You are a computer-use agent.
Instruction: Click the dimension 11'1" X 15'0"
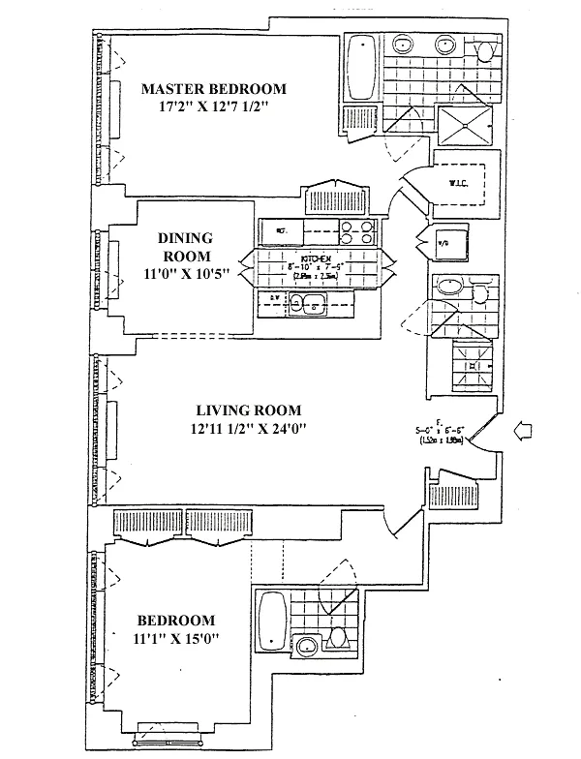[175, 639]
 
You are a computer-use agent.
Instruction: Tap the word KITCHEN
[316, 259]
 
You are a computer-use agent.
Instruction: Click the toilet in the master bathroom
[488, 46]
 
